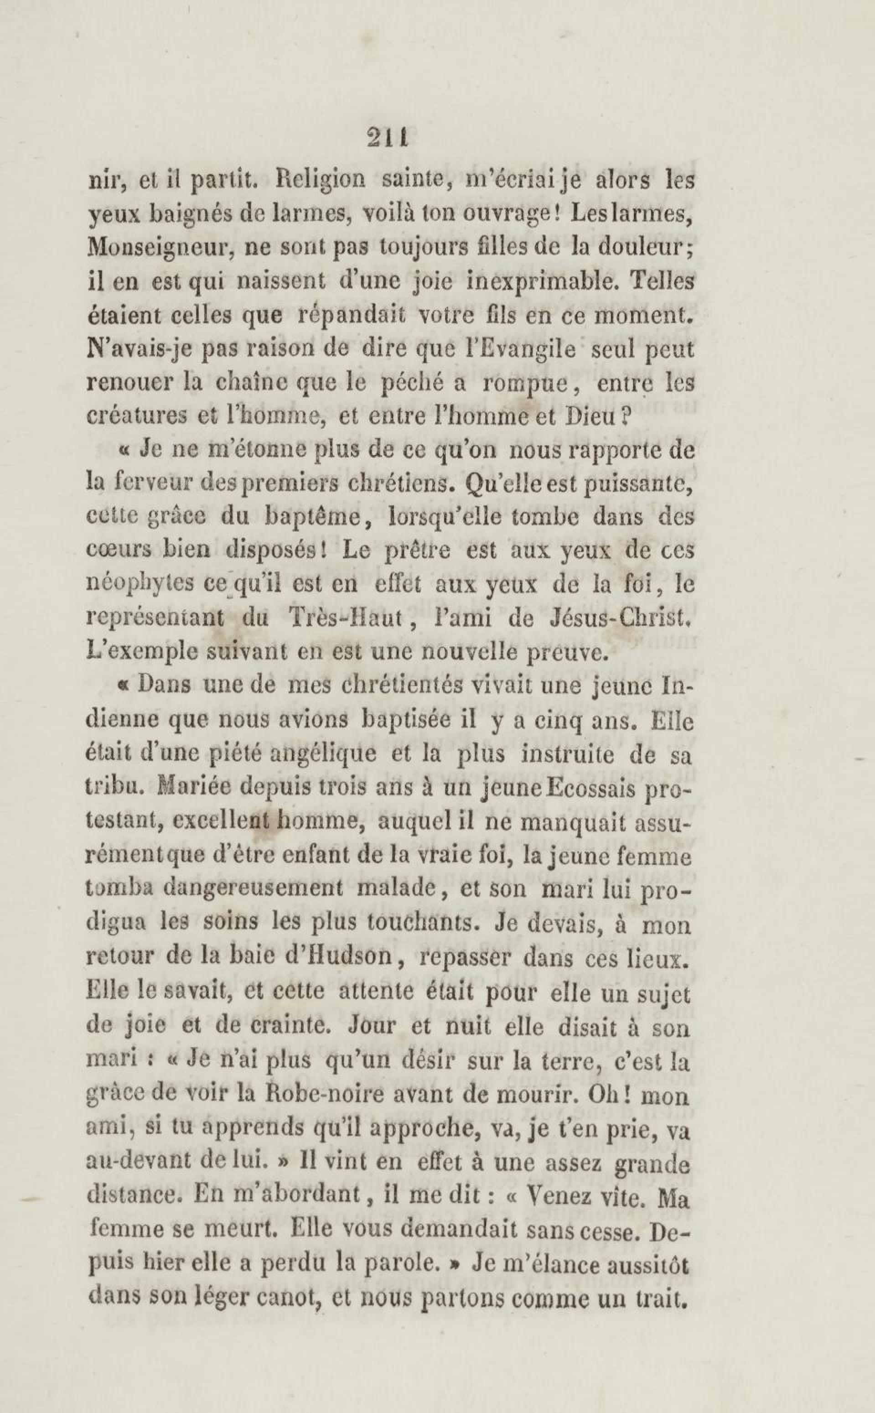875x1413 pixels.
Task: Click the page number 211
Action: (388, 139)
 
